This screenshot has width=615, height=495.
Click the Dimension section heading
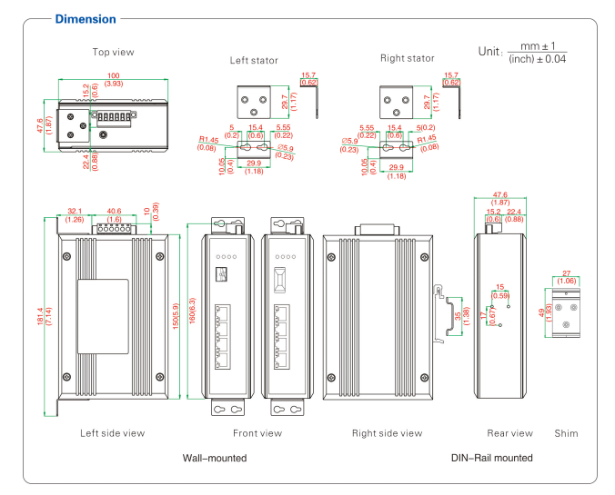(86, 19)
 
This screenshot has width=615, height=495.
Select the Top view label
(114, 52)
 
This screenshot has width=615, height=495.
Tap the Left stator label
(254, 60)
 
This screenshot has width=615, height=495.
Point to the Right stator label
(407, 58)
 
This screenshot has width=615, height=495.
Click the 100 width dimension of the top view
(114, 74)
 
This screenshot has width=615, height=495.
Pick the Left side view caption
(112, 433)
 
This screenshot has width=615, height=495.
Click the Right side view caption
(387, 433)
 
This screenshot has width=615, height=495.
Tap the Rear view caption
(509, 433)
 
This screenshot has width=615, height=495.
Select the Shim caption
(565, 433)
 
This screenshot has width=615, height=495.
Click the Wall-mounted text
(215, 458)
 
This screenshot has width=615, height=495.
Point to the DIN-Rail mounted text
(492, 458)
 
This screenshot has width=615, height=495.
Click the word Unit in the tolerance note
(489, 52)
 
